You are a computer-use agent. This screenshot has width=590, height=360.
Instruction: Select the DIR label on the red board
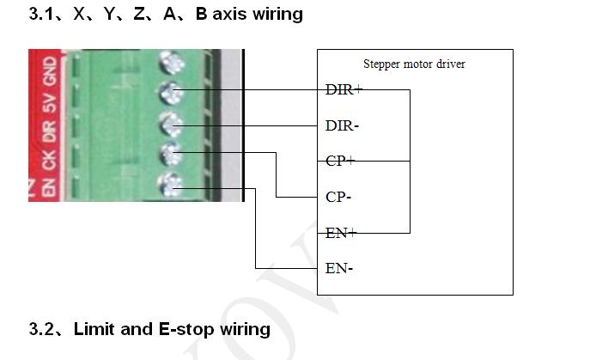pos(51,131)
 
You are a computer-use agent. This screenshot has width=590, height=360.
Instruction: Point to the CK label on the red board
pos(51,159)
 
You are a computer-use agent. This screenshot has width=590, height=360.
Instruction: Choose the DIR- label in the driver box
pos(342,125)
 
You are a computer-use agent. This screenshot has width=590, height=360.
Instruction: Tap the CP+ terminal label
pos(341,161)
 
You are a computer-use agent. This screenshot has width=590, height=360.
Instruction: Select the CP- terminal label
pos(339,197)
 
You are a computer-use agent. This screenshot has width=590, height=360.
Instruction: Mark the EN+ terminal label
pos(341,232)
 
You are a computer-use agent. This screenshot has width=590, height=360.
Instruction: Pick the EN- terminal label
pos(339,268)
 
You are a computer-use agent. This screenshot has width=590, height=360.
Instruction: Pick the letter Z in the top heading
pos(139,15)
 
